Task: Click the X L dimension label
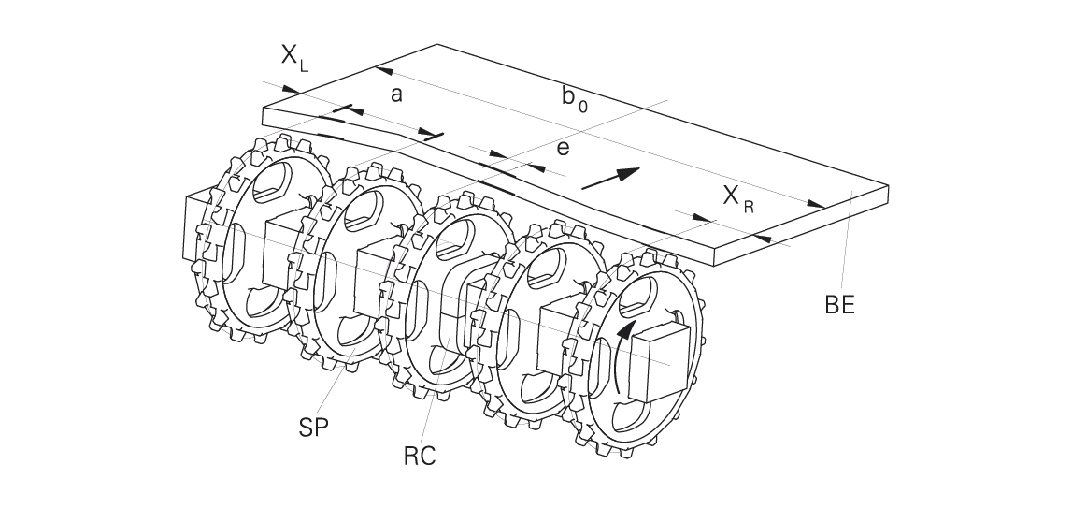(x=294, y=57)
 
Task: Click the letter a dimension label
(x=396, y=95)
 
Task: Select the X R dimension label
(x=738, y=198)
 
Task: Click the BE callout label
(x=839, y=305)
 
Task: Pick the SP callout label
(x=314, y=428)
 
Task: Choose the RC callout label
(x=420, y=456)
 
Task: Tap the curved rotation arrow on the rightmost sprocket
(x=623, y=356)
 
